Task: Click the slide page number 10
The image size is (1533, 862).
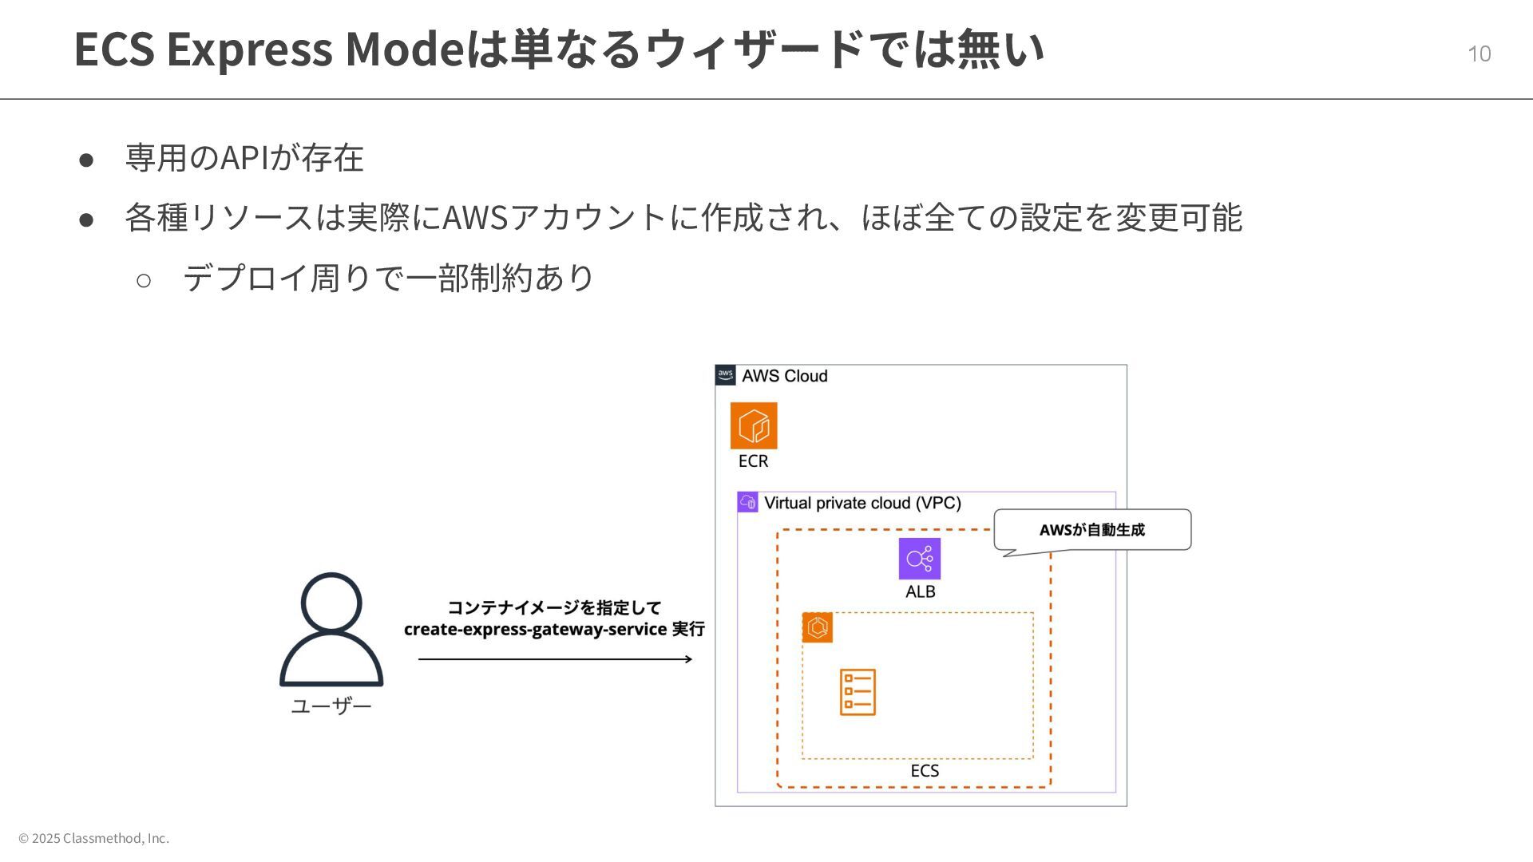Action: (1479, 53)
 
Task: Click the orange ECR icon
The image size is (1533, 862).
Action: (753, 425)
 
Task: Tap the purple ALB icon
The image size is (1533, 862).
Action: (919, 558)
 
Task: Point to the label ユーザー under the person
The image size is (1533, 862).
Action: (331, 706)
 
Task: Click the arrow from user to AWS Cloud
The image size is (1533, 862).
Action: (555, 659)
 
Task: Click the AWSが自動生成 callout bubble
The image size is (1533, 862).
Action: (1091, 530)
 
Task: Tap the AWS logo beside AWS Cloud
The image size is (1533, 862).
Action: (725, 375)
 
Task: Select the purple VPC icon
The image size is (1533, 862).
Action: (747, 502)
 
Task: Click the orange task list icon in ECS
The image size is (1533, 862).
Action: (858, 692)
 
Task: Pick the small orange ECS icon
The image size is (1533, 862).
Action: (817, 627)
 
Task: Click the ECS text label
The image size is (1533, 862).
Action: (925, 770)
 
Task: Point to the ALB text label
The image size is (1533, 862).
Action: (920, 591)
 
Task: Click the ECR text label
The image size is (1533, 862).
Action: (753, 461)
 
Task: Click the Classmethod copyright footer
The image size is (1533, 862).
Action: (93, 838)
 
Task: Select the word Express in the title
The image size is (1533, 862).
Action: (249, 49)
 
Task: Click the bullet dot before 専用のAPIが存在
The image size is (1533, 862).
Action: (86, 159)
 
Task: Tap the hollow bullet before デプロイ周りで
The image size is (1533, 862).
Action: (144, 280)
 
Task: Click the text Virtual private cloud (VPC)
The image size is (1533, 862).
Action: (862, 503)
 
